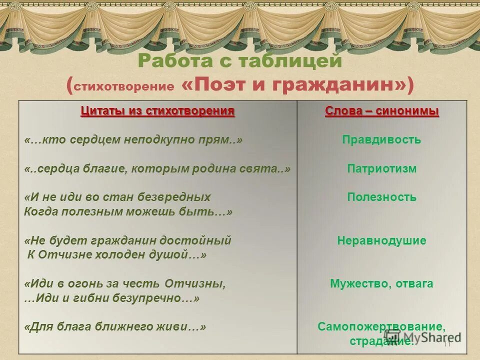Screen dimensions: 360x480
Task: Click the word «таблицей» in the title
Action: coord(290,61)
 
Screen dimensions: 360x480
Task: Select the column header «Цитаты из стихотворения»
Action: coord(157,111)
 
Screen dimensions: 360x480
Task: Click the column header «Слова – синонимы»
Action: coord(381,111)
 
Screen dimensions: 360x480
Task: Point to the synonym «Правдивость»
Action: coord(381,140)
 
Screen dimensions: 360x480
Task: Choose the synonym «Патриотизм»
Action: coord(381,169)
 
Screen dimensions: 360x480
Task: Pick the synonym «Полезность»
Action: coord(381,197)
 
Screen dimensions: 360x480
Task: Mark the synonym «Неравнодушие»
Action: coord(381,240)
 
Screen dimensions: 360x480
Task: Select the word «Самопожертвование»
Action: coord(381,327)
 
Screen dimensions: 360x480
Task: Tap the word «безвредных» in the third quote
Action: coord(181,197)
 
